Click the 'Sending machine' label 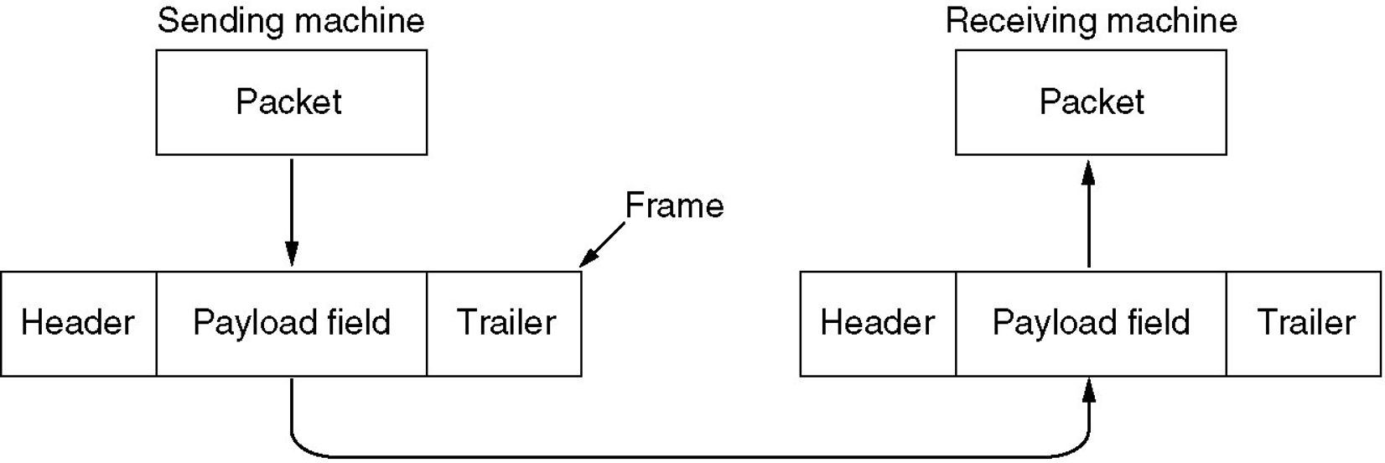pos(291,21)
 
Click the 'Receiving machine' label pos(1092,21)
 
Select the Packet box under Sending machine pos(291,102)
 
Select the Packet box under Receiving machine pos(1091,102)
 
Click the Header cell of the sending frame pos(79,323)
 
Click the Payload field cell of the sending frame pos(291,323)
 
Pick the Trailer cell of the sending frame pos(504,323)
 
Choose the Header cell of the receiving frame pos(878,323)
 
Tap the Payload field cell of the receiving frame pos(1091,323)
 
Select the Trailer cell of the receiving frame pos(1304,323)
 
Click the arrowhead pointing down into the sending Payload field pos(291,254)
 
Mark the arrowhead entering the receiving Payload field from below pos(1089,391)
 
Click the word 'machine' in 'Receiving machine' pos(1172,21)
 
